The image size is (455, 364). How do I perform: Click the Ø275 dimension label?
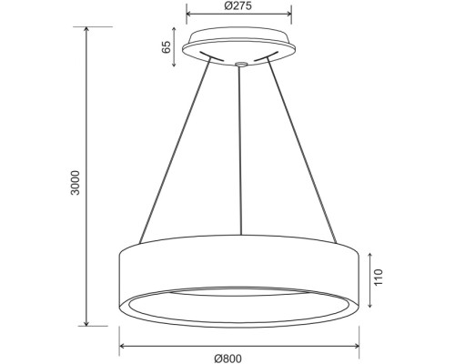[239, 6]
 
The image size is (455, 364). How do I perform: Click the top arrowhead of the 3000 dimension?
[86, 29]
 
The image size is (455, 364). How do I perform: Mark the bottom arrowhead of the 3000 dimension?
[86, 323]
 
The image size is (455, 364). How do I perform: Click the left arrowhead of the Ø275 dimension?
[189, 15]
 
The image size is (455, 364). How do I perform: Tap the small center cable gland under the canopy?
[239, 64]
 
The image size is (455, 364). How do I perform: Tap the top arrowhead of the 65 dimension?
[178, 34]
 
